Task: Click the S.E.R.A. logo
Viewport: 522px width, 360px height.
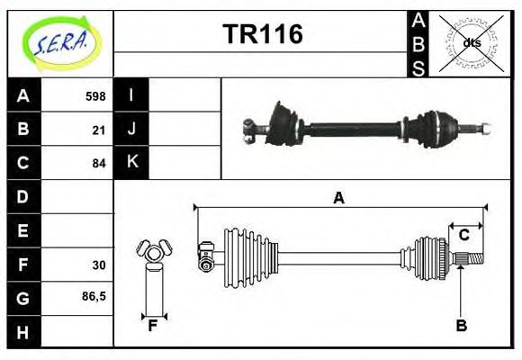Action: [x=59, y=41]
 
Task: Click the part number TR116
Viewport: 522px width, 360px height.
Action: [x=263, y=35]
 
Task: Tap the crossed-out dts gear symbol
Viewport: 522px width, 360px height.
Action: [x=472, y=42]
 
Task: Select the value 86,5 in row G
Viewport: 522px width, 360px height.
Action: [x=94, y=296]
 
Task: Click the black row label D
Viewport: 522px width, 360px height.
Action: [x=23, y=196]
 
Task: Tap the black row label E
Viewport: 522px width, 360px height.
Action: [x=23, y=230]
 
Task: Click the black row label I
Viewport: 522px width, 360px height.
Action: [x=131, y=95]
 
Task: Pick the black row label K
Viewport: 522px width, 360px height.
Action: [x=131, y=163]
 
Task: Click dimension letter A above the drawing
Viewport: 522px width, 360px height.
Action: [x=338, y=198]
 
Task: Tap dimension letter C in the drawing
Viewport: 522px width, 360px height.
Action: [x=464, y=235]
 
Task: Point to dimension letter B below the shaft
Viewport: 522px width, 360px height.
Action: [x=461, y=326]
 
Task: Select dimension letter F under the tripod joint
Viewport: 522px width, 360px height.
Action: [x=153, y=326]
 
